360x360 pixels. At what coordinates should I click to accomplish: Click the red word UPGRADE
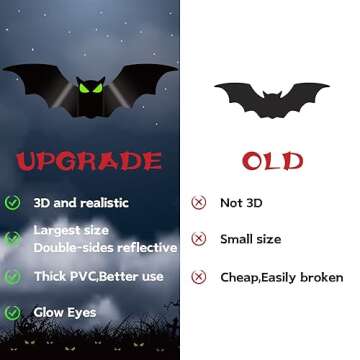[x=89, y=161]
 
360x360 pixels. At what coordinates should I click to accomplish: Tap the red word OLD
[x=271, y=160]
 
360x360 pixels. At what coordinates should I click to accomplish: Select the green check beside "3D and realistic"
[x=13, y=202]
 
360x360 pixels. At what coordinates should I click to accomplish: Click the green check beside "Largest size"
[x=13, y=239]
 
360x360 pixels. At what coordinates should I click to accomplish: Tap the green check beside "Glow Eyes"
[x=13, y=313]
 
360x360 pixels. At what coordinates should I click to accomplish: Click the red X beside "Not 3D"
[x=199, y=202]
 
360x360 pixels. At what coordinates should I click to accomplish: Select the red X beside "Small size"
[x=199, y=239]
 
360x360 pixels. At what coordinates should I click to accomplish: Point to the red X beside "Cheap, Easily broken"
[x=199, y=277]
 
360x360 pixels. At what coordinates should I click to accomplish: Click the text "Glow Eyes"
[x=65, y=313]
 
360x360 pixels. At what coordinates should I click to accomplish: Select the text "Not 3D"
[x=243, y=202]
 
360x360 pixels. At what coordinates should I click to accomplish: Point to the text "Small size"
[x=250, y=239]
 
